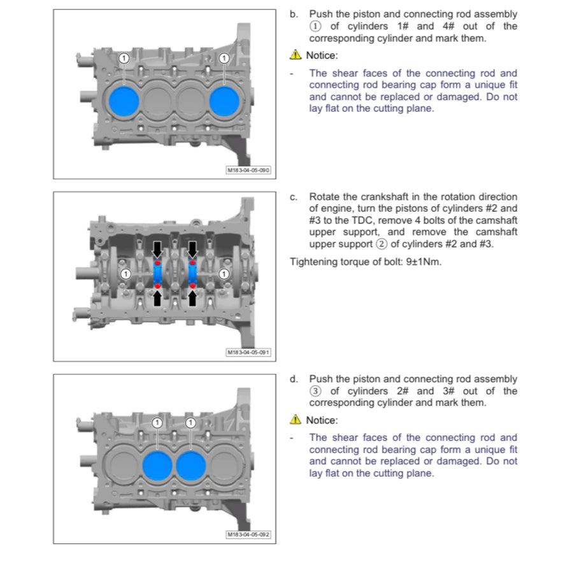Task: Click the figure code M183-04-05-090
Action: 248,171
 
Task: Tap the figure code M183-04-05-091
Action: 248,353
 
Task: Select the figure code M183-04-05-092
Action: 248,535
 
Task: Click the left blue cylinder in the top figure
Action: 124,101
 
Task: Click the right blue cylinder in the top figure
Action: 224,101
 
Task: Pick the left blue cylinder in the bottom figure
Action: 157,466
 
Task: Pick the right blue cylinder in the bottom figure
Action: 190,466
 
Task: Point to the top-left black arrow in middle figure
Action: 157,249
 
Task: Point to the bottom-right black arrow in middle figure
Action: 192,298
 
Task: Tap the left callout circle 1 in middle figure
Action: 126,274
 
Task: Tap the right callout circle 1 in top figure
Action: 224,58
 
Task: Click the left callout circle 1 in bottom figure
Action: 157,423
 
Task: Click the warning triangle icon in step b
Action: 296,55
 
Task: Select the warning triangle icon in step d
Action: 296,420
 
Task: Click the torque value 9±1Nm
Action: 424,262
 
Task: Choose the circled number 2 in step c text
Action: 382,244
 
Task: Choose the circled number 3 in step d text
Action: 315,391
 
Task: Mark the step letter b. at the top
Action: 294,15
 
